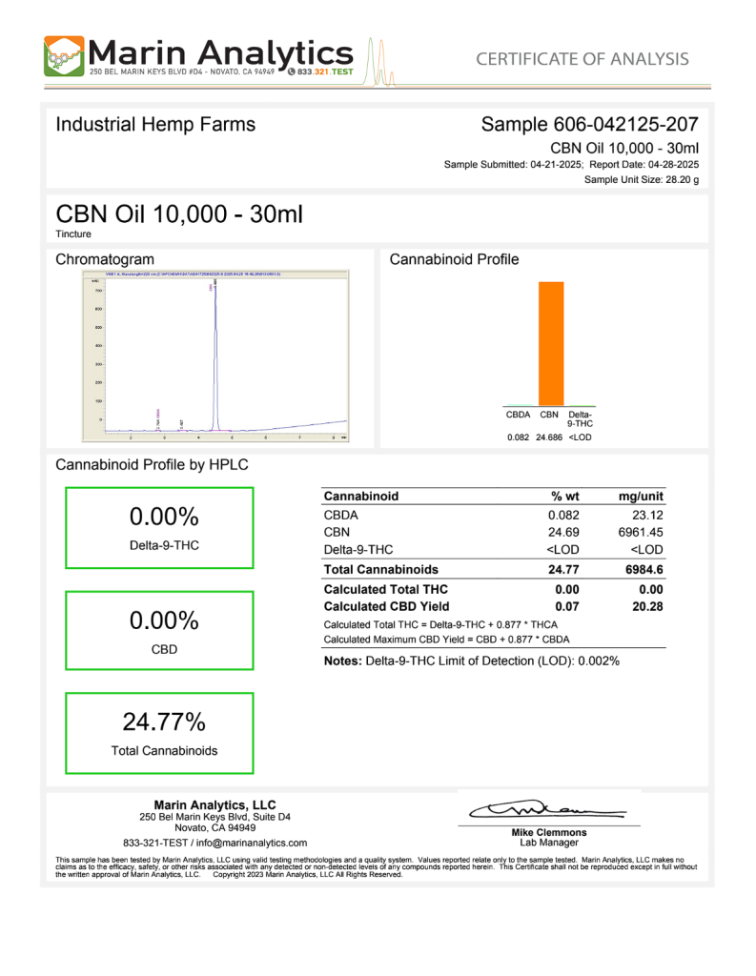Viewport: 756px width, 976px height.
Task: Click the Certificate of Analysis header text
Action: [x=582, y=59]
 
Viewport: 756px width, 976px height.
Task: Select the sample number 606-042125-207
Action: [x=625, y=125]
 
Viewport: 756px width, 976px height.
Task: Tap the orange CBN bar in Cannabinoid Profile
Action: [x=550, y=343]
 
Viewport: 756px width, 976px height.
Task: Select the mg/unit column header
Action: [x=641, y=497]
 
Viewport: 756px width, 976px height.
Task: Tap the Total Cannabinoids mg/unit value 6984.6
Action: [x=644, y=569]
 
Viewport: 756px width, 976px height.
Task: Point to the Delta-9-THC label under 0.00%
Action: [x=164, y=546]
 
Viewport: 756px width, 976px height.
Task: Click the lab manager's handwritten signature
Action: [x=547, y=810]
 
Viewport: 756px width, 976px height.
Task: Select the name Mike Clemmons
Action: [x=549, y=832]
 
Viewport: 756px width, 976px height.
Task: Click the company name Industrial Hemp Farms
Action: [x=155, y=125]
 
